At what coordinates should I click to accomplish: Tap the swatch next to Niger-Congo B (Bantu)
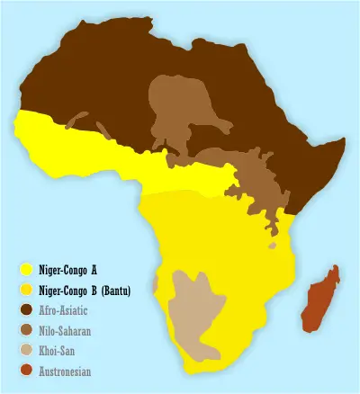point(27,289)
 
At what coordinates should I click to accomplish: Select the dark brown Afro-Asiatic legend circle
point(27,309)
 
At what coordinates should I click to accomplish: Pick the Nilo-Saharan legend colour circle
point(27,330)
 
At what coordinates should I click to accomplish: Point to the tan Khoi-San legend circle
point(27,351)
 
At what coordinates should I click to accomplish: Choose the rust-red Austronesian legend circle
point(27,371)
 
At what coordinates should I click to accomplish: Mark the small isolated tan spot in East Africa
point(272,245)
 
